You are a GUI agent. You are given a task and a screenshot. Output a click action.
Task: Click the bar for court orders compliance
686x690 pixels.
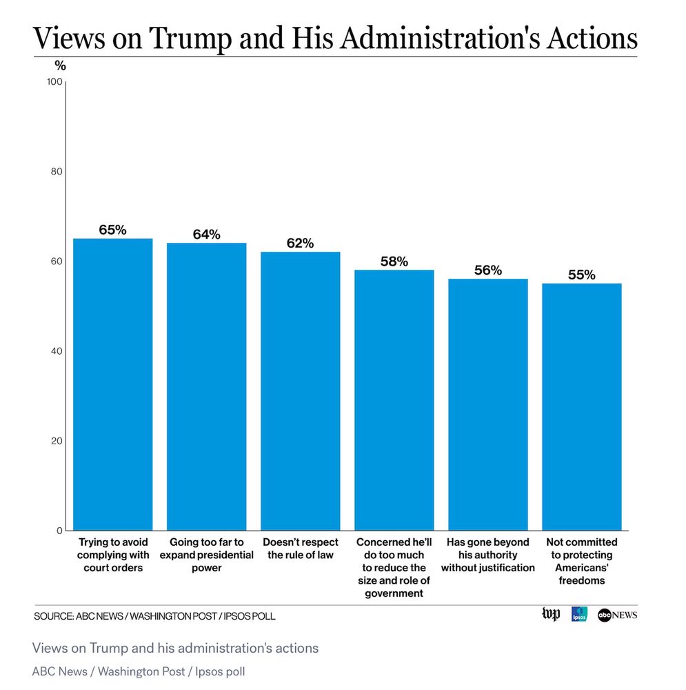[112, 384]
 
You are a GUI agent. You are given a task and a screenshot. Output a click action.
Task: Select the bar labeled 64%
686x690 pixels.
[206, 386]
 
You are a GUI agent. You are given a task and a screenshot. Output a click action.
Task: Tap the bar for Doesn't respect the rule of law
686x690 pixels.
[300, 391]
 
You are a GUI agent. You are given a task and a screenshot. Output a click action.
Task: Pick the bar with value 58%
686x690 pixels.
[394, 400]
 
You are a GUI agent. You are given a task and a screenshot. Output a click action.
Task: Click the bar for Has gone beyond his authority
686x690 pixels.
[487, 404]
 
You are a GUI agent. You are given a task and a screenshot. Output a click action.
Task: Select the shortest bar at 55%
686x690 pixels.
[581, 407]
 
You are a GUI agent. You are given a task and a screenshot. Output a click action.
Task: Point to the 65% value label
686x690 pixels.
[112, 230]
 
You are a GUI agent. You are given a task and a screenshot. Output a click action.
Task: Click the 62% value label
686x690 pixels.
[300, 244]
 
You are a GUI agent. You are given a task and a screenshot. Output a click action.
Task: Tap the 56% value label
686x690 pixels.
[487, 270]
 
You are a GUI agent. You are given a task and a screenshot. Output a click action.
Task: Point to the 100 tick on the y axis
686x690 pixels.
[54, 82]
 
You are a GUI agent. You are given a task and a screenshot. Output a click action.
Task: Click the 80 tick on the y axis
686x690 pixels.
[55, 172]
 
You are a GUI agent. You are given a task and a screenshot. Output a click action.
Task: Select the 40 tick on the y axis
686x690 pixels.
[55, 351]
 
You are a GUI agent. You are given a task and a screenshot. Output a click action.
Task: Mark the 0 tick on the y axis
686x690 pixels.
[59, 531]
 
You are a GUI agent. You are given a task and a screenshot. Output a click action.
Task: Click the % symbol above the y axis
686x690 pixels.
[60, 66]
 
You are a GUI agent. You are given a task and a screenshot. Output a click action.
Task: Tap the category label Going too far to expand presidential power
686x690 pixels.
[206, 555]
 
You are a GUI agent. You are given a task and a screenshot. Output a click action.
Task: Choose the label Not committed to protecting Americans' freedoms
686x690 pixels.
[581, 562]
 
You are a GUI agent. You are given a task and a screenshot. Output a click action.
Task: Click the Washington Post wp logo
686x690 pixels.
[551, 614]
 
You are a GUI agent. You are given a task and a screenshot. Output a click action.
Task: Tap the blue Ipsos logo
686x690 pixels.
[578, 614]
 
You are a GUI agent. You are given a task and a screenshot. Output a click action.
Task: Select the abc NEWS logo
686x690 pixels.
[617, 614]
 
